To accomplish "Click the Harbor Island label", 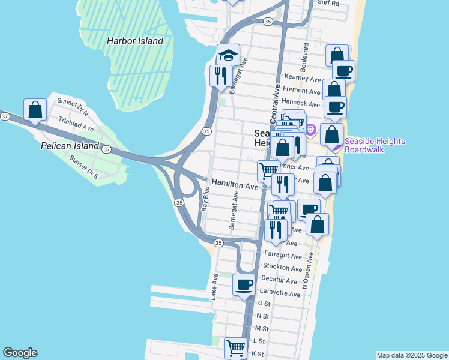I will tap(134, 41).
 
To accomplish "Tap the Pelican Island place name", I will tap(70, 146).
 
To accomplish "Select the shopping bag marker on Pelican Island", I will tap(35, 110).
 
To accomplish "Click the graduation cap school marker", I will tap(228, 56).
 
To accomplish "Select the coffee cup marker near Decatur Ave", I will tap(244, 285).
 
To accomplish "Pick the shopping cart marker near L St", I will tap(235, 347).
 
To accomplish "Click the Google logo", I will tap(20, 353).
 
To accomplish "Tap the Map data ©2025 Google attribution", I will tap(411, 355).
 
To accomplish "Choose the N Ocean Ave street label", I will tap(307, 270).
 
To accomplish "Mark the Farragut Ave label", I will tap(282, 255).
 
